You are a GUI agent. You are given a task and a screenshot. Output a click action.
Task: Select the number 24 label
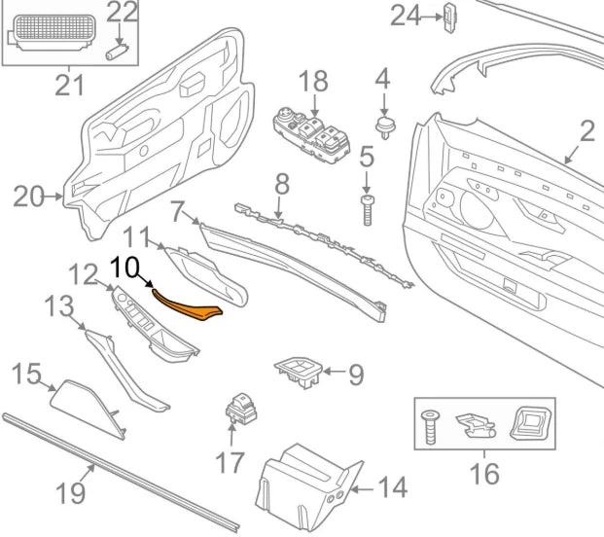coord(407,16)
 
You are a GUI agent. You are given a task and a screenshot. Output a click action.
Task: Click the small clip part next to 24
coord(448,17)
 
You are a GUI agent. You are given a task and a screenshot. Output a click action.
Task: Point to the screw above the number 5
coord(368,207)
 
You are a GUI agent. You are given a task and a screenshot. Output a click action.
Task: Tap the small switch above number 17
coord(238,412)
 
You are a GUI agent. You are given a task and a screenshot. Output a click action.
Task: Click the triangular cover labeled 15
coord(85,404)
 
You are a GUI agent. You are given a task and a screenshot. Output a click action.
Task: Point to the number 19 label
coord(71,492)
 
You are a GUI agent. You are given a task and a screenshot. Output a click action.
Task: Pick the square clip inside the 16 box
coord(531,421)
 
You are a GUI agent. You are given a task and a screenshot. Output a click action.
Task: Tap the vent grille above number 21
coord(53,35)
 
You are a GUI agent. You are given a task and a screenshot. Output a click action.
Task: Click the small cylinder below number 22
coord(120,48)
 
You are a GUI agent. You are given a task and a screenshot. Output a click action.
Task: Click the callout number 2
coord(586,129)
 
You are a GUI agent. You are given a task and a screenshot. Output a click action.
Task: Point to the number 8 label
coord(281,182)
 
